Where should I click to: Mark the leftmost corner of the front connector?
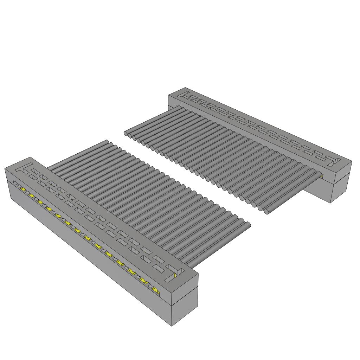coord(5,169)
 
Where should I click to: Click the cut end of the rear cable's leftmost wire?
coord(126,133)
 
